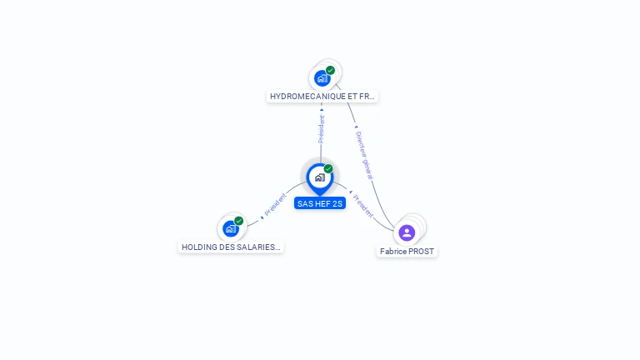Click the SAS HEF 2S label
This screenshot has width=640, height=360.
(320, 203)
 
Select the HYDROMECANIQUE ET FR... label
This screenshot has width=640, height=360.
(322, 97)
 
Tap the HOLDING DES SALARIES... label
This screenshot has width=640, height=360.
(231, 247)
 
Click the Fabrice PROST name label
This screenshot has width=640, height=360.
(407, 251)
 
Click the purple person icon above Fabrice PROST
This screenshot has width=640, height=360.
(407, 232)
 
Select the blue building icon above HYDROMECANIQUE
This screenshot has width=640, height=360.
(322, 78)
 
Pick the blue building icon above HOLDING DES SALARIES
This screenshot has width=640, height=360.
(230, 228)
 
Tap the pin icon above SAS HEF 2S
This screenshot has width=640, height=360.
(319, 177)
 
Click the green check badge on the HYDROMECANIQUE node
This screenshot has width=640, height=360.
(331, 70)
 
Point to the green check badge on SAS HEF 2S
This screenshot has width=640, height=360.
(328, 168)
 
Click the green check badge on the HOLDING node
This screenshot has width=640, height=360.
(239, 221)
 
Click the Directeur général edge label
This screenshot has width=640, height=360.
(363, 155)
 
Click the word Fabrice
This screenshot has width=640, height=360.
(394, 251)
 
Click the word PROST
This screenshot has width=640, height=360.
(422, 251)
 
